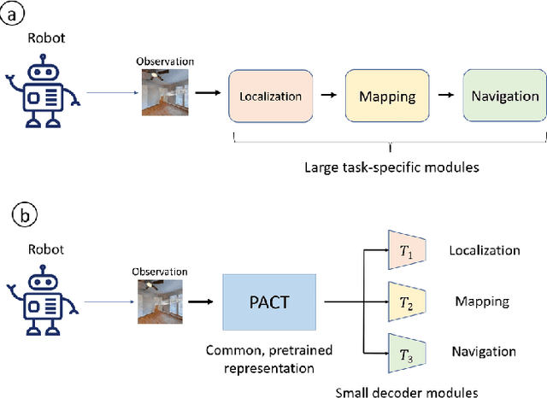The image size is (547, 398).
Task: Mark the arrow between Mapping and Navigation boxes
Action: click(445, 97)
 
